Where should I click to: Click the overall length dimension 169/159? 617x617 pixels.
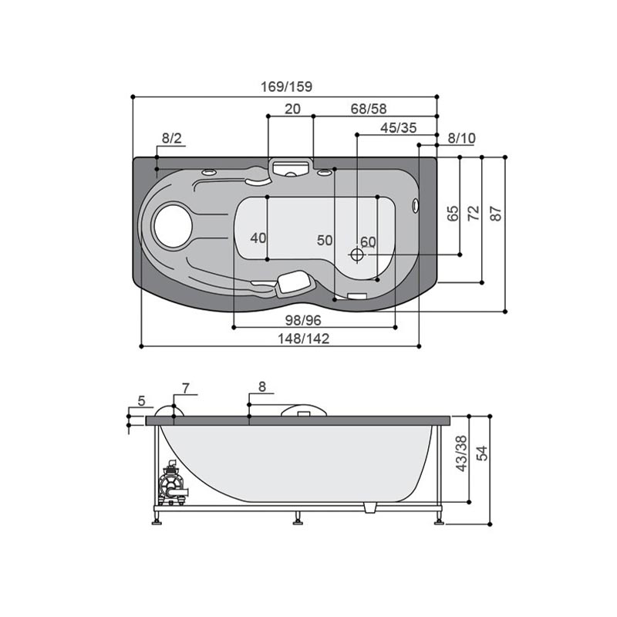(286, 86)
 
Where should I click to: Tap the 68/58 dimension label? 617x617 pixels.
(369, 109)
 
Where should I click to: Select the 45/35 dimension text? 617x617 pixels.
(398, 128)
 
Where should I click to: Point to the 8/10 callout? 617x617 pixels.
(461, 138)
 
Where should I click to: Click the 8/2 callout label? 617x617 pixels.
(172, 138)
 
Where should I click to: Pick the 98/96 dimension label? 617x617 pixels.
(303, 320)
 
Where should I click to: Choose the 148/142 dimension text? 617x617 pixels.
(303, 339)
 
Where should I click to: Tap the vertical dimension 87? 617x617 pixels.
(496, 214)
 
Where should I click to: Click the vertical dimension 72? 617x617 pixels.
(474, 213)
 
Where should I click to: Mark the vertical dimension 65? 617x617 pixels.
(453, 214)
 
